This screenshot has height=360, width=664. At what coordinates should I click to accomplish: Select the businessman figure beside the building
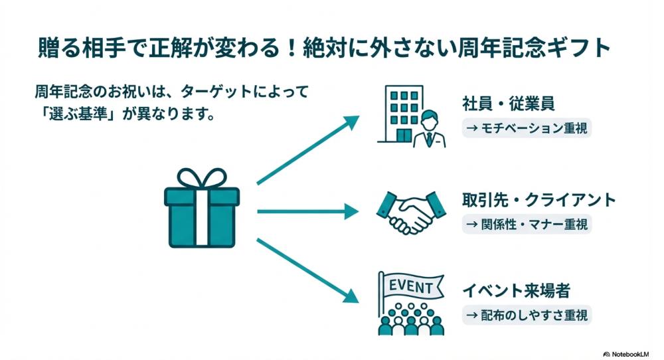(x=429, y=130)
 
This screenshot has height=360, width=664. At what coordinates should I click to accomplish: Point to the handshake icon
(x=409, y=212)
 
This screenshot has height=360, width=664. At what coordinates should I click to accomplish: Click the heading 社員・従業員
(x=509, y=104)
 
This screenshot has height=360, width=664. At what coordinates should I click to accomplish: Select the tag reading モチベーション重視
(x=527, y=127)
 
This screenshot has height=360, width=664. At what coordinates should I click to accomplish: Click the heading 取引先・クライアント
(x=539, y=201)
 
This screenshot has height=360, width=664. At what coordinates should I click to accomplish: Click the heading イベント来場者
(x=517, y=291)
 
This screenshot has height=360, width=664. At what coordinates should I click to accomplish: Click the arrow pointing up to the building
(x=307, y=150)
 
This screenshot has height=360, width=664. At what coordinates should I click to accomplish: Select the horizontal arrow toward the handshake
(x=307, y=212)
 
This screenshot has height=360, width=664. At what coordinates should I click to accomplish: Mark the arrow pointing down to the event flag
(x=307, y=273)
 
